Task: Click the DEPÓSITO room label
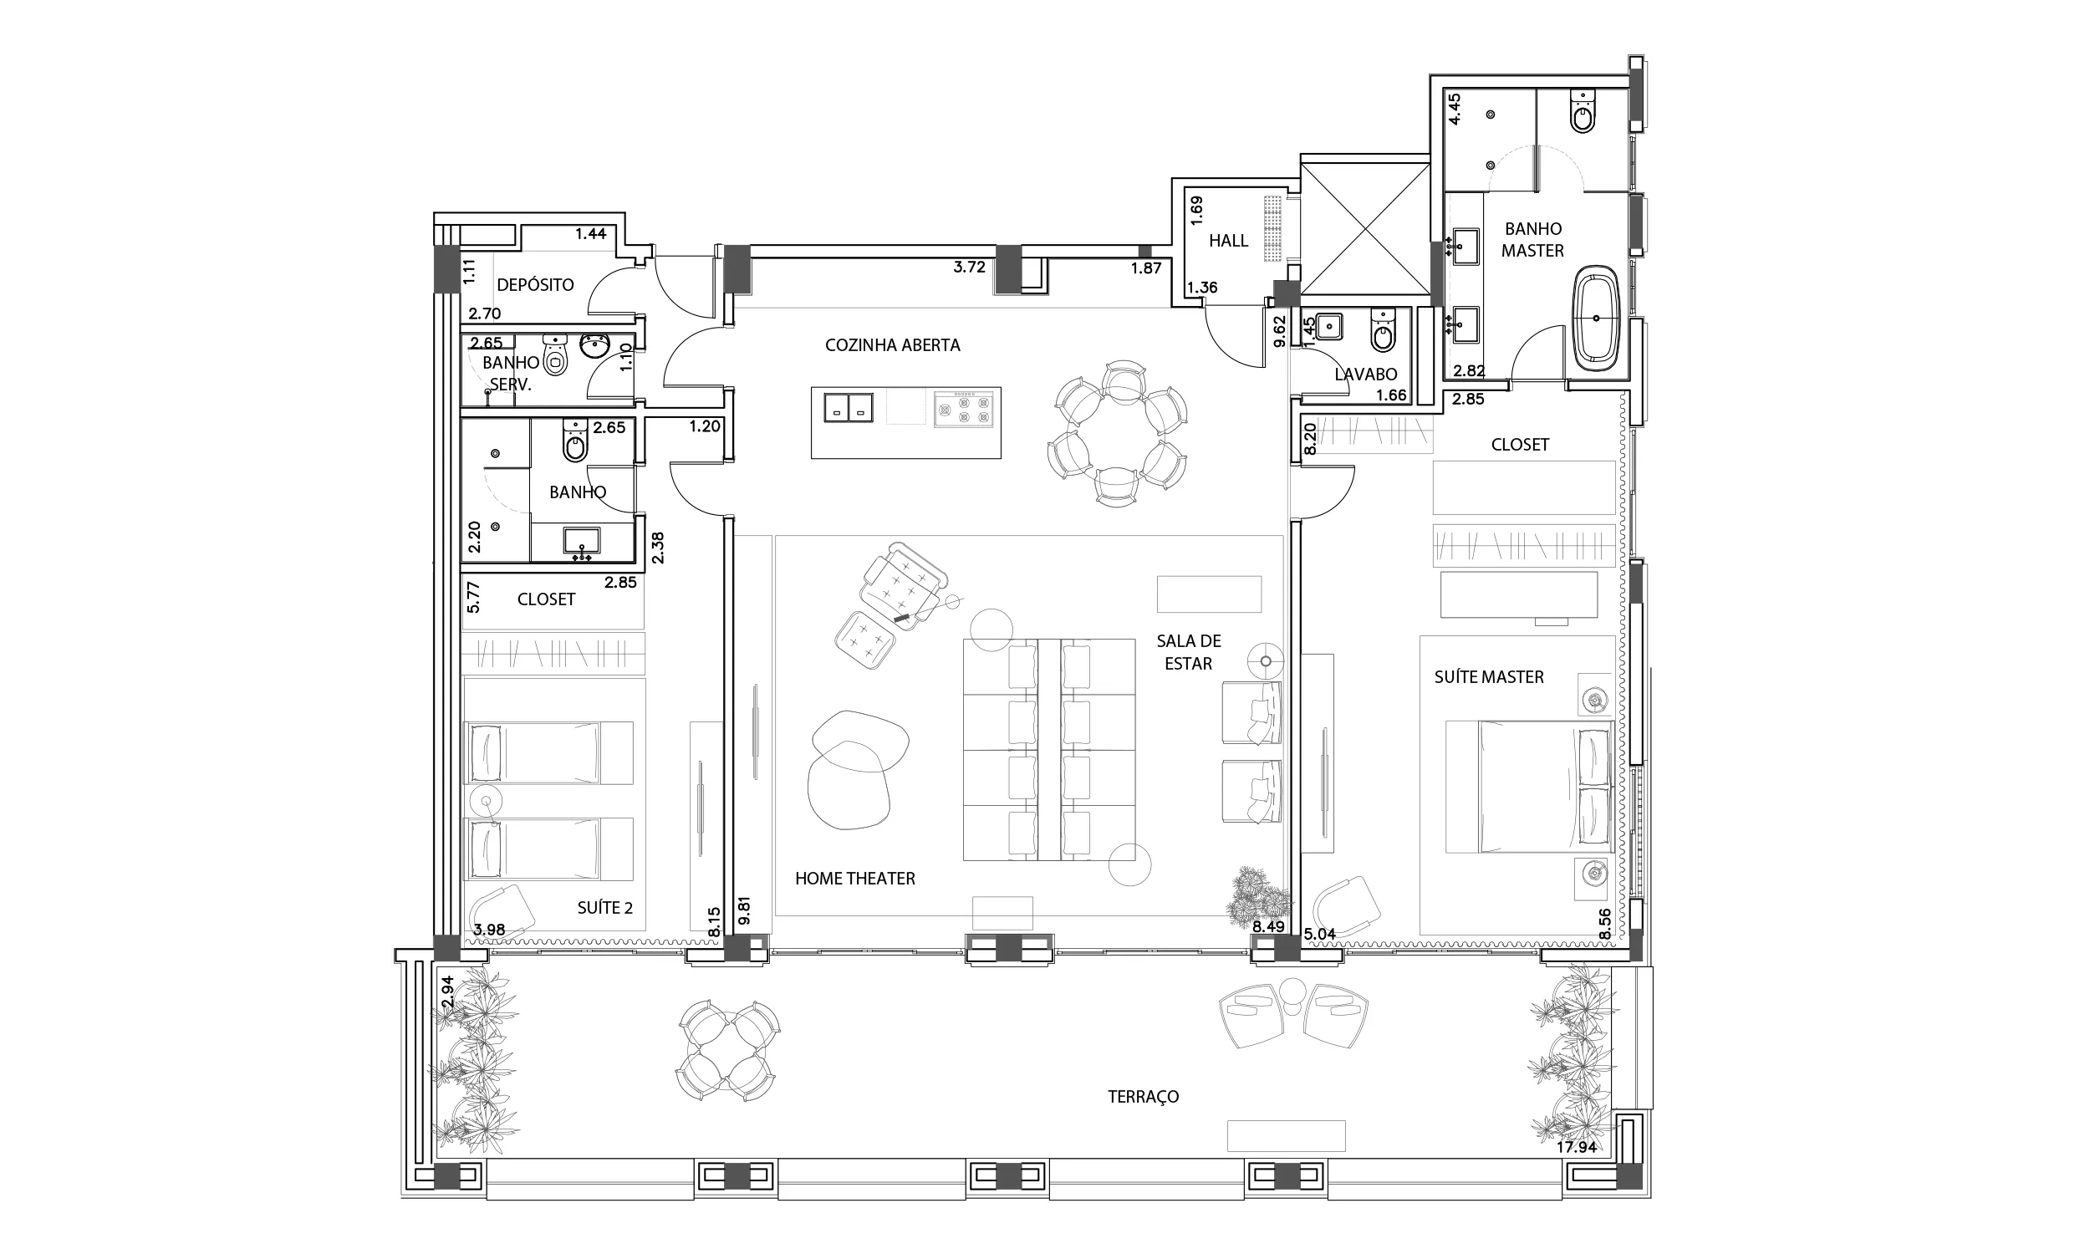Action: (x=535, y=285)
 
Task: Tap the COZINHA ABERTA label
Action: (x=892, y=344)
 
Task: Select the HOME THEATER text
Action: (x=855, y=879)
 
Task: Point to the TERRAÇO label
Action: (x=1143, y=1097)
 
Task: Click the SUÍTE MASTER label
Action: (x=1489, y=677)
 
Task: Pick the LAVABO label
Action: (x=1365, y=375)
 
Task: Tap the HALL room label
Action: (x=1228, y=241)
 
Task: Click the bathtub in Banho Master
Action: (x=1596, y=319)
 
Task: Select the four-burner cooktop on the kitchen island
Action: (x=963, y=408)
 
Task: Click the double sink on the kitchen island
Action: (x=849, y=407)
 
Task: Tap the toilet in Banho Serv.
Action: (x=555, y=356)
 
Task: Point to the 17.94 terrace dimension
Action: (x=1577, y=1148)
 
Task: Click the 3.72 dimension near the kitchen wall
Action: (x=970, y=267)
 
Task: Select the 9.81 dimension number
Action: (x=744, y=911)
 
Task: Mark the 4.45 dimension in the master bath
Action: (x=1455, y=109)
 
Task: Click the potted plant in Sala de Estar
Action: (x=1258, y=893)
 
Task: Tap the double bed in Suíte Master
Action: (x=1529, y=787)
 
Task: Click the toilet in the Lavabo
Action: (x=1383, y=330)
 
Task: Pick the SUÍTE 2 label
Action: (x=605, y=909)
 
